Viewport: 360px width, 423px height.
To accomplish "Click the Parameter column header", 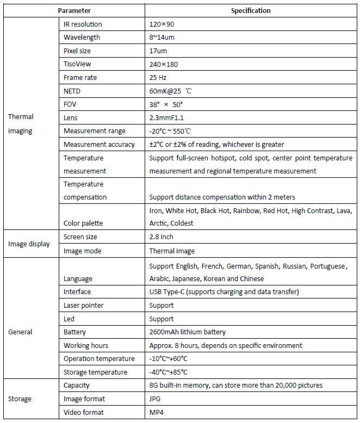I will (x=74, y=11).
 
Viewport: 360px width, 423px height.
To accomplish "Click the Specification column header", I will (x=251, y=11).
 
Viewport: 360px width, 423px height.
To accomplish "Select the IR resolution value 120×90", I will (x=162, y=24).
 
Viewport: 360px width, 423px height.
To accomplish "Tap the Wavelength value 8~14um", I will (x=162, y=38).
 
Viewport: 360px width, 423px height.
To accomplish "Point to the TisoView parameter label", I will (x=78, y=64).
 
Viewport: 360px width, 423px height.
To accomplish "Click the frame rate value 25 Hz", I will (x=158, y=78).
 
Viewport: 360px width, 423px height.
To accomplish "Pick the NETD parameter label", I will (x=72, y=91).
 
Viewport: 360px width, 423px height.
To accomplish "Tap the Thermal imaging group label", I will (x=21, y=123).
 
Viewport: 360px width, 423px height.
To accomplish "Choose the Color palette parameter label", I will (x=83, y=223).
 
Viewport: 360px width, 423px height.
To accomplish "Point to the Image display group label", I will (x=29, y=244).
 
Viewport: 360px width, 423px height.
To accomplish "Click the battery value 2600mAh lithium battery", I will (x=187, y=332).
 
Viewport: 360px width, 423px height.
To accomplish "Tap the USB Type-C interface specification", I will (x=224, y=292).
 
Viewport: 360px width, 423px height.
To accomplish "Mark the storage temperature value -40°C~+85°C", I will (x=168, y=372).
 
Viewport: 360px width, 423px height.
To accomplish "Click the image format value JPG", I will (x=154, y=399).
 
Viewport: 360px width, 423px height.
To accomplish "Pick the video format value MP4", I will (x=156, y=412).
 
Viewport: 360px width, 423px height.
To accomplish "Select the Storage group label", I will (x=20, y=399).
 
